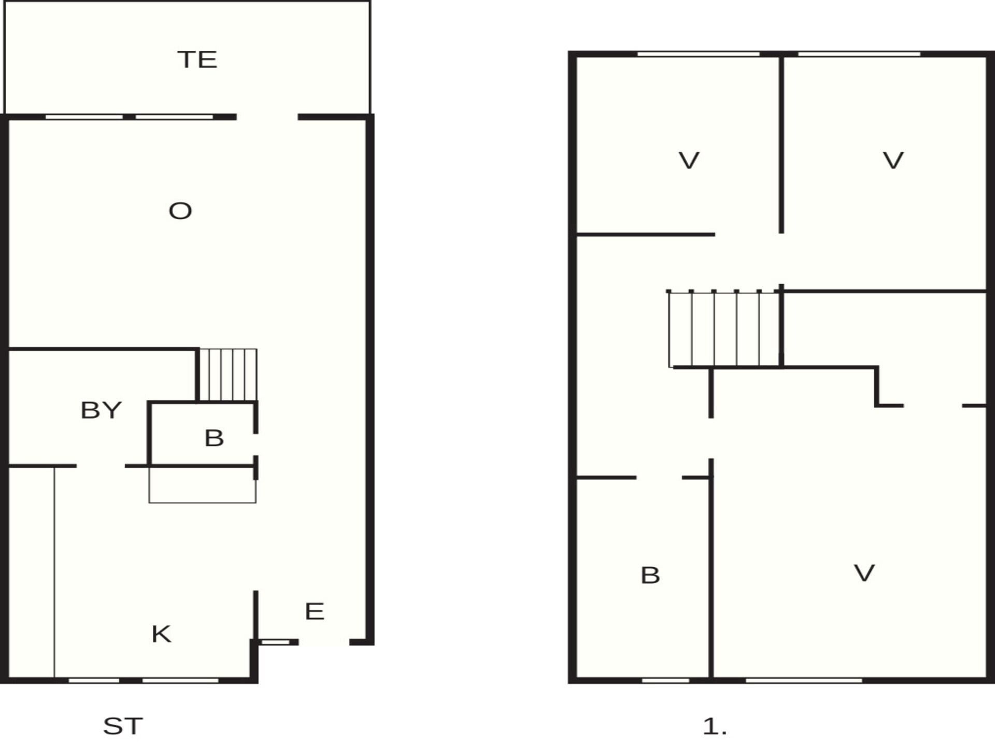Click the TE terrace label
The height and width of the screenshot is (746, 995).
coord(197,60)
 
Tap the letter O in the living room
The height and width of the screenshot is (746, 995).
coord(180,211)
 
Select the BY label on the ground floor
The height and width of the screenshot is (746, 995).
coord(101,410)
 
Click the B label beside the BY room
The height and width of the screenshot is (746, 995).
coord(214,438)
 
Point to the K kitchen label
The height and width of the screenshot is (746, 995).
coord(161,634)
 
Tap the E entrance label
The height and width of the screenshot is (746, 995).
coord(315,611)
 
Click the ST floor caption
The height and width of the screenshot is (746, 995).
coord(123,726)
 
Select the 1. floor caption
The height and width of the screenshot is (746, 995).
coord(715,727)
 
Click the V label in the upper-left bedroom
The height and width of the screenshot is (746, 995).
coord(689,161)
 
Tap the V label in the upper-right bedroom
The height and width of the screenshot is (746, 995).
coord(893,161)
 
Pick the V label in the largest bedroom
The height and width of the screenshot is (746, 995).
coord(864,573)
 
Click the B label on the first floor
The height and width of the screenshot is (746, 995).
coord(650,576)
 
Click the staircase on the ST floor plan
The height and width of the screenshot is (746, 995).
coord(228,375)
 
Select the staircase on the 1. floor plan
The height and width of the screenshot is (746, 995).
coord(724,328)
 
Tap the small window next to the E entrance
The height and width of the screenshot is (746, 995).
coord(275,642)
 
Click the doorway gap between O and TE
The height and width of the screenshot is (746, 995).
coord(267,117)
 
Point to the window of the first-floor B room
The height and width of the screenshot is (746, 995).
coord(665,680)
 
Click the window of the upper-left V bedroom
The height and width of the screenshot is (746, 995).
coord(698,54)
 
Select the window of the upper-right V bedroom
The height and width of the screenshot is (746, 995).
coord(859,54)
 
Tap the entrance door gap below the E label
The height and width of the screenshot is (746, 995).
coord(324,642)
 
